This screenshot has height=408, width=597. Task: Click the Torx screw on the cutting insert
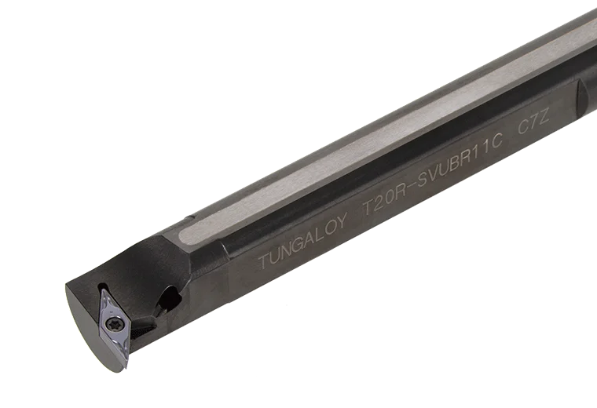(113, 324)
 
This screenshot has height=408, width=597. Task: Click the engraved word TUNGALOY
(303, 240)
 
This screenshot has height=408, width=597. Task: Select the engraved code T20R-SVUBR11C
(432, 174)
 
